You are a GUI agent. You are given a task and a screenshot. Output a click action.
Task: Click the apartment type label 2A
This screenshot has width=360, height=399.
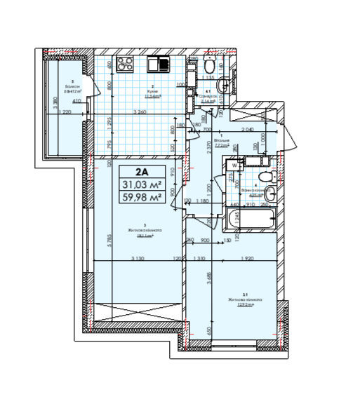142,172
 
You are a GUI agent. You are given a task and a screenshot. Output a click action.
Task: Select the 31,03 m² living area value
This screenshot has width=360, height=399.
142,184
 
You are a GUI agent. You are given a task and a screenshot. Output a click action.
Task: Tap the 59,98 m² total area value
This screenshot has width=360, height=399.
142,196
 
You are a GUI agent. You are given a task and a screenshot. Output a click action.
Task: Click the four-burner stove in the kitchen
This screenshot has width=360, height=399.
125,66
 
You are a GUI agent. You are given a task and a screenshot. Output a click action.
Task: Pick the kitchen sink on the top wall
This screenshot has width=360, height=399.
159,65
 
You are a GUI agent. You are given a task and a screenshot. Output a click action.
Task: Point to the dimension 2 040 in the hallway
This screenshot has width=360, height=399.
247,131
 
